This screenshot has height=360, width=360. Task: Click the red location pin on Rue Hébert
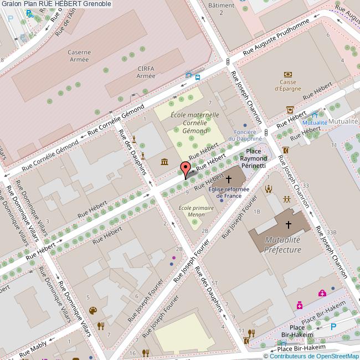coord(186,169)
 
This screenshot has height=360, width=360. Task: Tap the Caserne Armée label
coord(79,56)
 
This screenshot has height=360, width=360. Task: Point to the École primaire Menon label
coord(192,211)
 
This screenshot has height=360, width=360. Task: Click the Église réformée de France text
coord(228,192)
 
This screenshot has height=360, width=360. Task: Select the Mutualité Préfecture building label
coord(282,244)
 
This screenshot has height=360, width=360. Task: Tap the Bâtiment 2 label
coord(220,8)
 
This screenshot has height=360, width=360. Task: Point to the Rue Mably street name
coord(33,349)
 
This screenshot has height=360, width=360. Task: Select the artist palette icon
coord(92,311)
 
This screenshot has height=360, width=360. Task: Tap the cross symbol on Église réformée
coord(228,179)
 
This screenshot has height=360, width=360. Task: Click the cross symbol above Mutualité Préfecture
coord(288,224)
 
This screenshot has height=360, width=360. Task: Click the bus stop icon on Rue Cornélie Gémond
coord(198,77)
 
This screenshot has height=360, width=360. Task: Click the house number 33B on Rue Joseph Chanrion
coord(331,232)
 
